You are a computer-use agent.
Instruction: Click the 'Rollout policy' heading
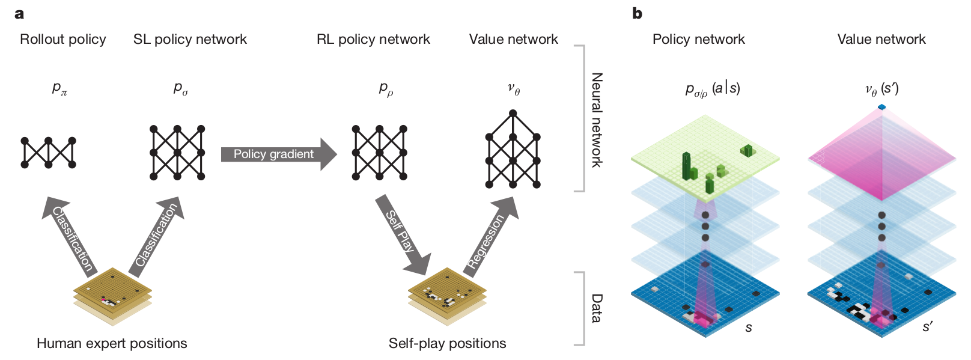click(63, 40)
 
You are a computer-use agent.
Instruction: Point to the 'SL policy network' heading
click(190, 40)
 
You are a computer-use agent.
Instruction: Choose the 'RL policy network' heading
click(373, 40)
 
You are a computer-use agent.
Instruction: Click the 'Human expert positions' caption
click(112, 343)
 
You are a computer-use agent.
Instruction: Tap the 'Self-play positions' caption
click(447, 343)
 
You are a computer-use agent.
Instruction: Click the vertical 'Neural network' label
click(597, 120)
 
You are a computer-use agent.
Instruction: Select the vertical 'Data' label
click(597, 308)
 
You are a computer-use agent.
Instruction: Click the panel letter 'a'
click(20, 13)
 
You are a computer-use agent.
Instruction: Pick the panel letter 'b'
click(638, 13)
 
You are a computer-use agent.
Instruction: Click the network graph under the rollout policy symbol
click(49, 153)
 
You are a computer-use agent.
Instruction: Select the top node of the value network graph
click(513, 113)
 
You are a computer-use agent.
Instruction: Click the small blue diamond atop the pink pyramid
click(881, 107)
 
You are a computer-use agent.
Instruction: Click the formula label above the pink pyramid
click(881, 89)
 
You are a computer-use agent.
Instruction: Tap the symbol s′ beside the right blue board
click(928, 327)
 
